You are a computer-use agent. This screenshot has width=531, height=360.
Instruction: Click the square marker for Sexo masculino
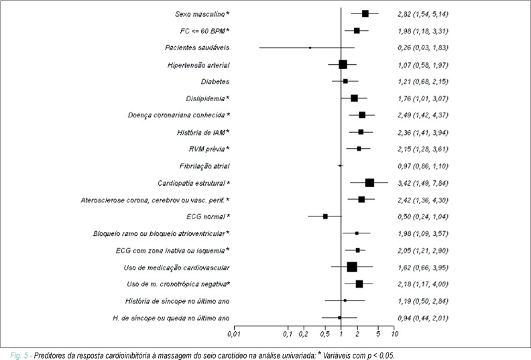pos(365,13)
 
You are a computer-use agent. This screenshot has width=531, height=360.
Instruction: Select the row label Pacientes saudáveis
pos(197,48)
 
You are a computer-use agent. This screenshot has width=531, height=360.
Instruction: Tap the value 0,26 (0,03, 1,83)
pos(423,48)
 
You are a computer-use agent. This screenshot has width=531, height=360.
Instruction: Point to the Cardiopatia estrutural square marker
pos(369,183)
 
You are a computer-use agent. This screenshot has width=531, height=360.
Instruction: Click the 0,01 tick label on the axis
pos(234,334)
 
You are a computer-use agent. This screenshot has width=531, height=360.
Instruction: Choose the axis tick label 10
pos(394,334)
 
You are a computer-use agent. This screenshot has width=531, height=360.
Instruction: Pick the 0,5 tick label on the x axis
pos(324,334)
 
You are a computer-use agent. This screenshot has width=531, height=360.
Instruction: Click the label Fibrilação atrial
pos(204,166)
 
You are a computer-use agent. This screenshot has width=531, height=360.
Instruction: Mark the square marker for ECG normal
pos(325,217)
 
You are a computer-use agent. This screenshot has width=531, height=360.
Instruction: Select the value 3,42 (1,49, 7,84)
pos(423,183)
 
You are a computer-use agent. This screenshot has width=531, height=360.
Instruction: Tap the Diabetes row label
pos(215,81)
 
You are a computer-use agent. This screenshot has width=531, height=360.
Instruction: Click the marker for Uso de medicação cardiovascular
pos(352,267)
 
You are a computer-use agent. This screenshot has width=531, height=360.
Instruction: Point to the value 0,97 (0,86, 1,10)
pos(423,166)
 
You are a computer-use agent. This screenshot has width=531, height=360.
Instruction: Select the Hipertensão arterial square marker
pos(343,64)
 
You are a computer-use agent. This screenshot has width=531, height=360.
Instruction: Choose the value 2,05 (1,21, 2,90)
pos(423,250)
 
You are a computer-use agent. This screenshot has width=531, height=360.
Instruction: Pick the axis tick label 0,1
pos(288,334)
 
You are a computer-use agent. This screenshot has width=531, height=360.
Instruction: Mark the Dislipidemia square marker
pos(354,99)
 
